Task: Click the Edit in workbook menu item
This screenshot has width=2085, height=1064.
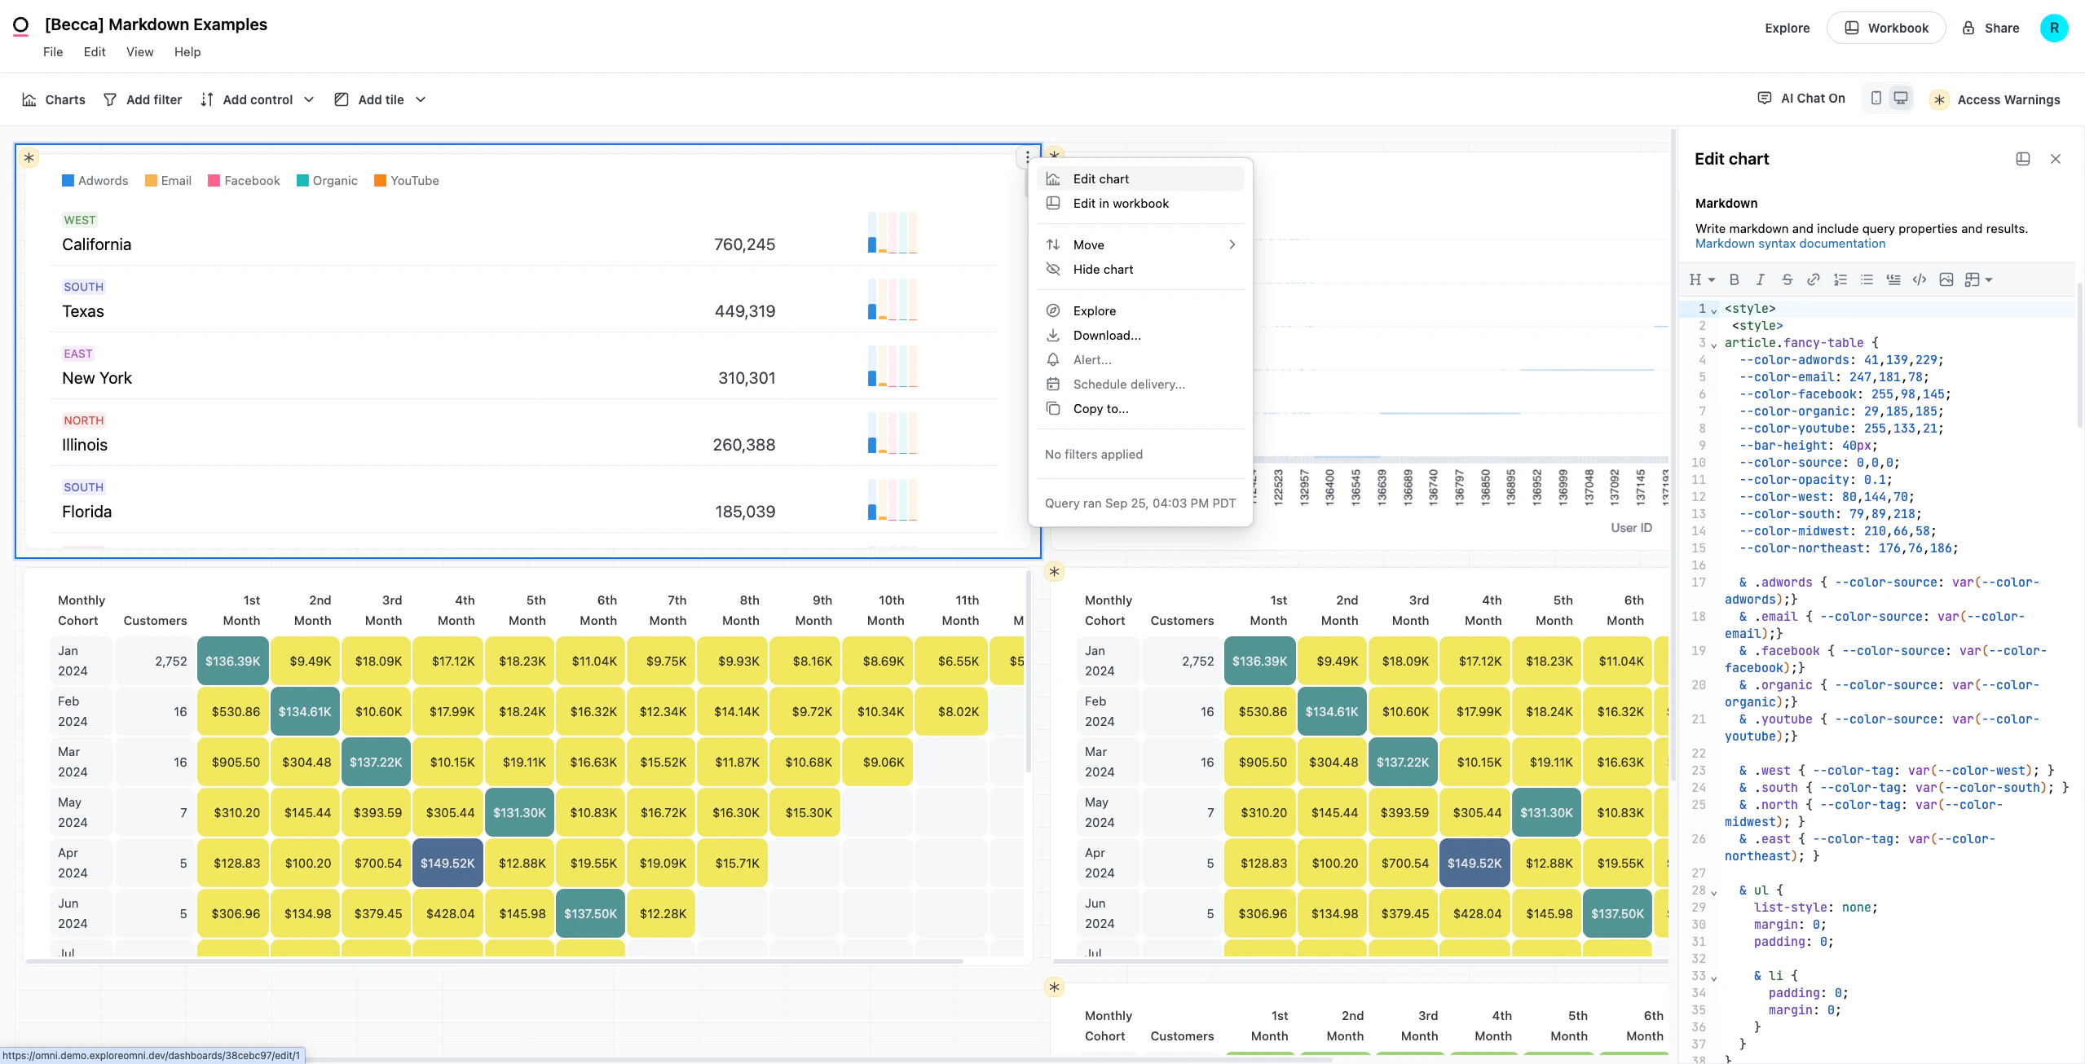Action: coord(1120,204)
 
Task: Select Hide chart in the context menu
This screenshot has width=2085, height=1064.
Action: coord(1102,270)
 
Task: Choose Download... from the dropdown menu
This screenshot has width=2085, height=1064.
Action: coord(1106,336)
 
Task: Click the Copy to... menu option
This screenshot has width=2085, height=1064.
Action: coord(1100,409)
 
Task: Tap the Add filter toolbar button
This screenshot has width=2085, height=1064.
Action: coord(143,99)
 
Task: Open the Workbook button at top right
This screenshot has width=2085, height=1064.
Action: coord(1885,29)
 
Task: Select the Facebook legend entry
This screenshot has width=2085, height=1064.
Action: coord(244,181)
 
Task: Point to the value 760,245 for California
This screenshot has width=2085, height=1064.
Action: coord(743,244)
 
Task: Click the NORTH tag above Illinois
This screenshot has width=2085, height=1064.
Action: coord(84,420)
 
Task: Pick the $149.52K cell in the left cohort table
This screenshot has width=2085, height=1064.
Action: coord(447,863)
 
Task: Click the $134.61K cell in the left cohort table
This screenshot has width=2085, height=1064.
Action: coord(305,711)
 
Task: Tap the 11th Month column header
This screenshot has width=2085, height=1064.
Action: coord(962,610)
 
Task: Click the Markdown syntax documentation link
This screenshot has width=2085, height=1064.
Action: coord(1789,244)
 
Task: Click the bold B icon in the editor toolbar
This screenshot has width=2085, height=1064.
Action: coord(1734,279)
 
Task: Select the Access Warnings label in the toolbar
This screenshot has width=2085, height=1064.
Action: coord(2008,99)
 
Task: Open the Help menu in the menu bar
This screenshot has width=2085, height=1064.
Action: coord(187,52)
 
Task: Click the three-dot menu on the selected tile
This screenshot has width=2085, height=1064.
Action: coord(1027,156)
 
